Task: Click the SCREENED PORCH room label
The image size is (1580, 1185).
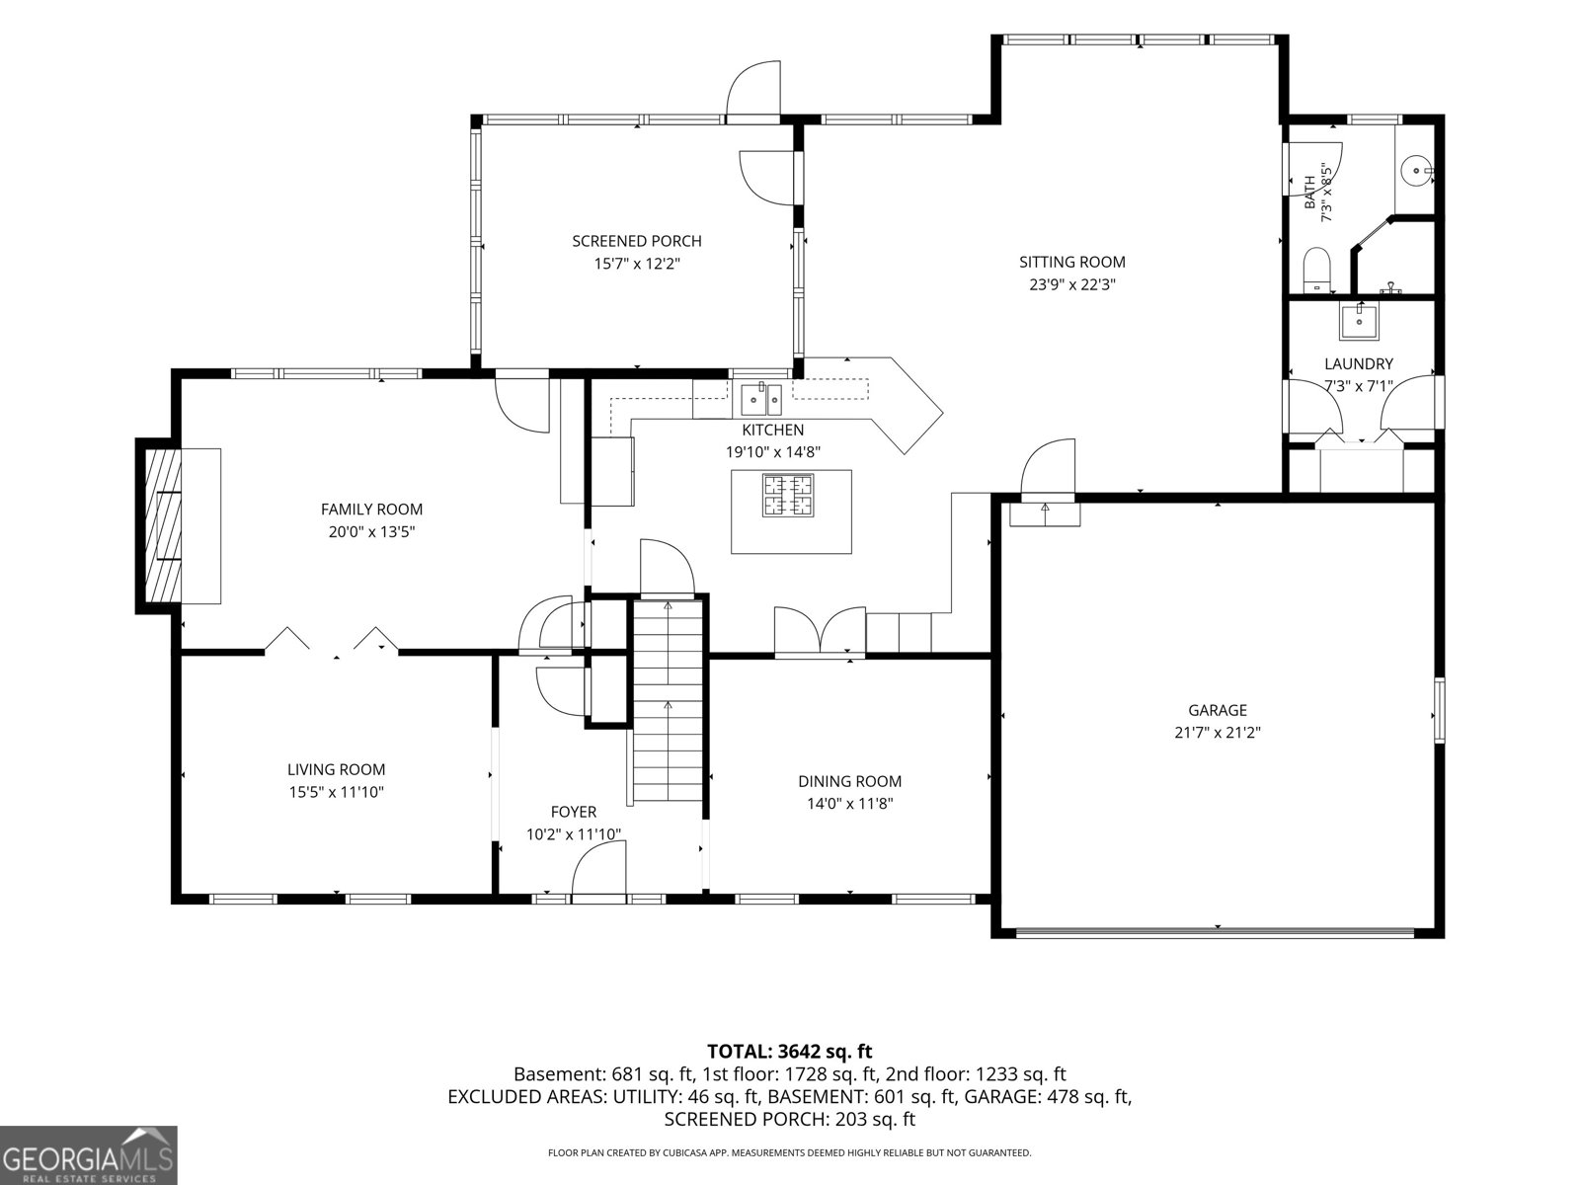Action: point(636,241)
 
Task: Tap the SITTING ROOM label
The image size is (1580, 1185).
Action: point(1071,262)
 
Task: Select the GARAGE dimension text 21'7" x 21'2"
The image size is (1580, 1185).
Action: point(1218,733)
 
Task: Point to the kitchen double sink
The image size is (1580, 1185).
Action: point(761,400)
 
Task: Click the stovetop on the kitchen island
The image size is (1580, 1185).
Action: point(788,495)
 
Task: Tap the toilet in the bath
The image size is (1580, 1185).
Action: point(1317,270)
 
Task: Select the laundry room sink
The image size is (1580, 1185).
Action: point(1359,322)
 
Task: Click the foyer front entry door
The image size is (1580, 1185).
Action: point(598,872)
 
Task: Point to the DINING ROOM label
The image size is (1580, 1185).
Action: point(849,781)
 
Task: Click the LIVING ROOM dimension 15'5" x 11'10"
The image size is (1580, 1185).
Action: point(336,792)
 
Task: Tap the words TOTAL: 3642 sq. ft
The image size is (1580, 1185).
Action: point(790,1051)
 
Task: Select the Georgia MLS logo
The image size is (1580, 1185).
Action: point(88,1154)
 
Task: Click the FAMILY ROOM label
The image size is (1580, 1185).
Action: point(371,510)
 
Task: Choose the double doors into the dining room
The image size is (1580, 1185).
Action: point(820,631)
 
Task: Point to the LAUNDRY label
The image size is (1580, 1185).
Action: point(1358,364)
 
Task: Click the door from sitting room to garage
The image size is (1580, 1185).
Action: point(1048,468)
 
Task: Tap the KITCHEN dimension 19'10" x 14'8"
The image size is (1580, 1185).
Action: point(772,452)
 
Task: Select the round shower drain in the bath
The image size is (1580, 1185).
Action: point(1416,171)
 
